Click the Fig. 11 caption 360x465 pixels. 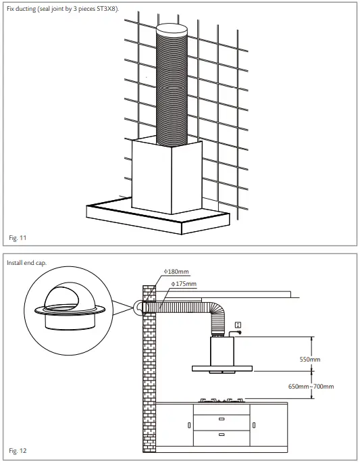tap(18, 237)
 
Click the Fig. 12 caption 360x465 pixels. tap(18, 449)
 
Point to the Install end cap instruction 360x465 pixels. tap(27, 262)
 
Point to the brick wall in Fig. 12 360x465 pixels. tap(148, 378)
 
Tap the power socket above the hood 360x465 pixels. tap(237, 326)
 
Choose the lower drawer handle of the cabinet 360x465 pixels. tap(222, 434)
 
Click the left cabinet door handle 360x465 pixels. tap(188, 425)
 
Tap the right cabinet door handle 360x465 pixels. tap(253, 425)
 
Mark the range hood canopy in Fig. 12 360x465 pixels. tap(223, 369)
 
